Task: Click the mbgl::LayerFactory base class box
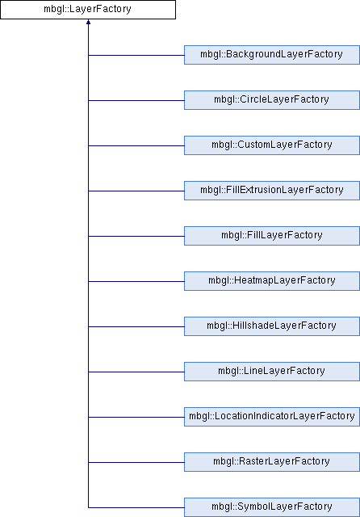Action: [88, 10]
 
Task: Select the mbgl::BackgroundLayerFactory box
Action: [272, 55]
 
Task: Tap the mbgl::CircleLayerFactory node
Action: [272, 100]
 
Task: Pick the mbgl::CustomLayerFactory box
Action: [272, 145]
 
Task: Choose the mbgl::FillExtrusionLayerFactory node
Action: [272, 191]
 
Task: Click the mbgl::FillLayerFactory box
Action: [272, 236]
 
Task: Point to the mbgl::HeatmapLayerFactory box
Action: [272, 281]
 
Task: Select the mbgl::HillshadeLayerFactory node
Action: [272, 326]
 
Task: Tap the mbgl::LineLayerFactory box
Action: [272, 372]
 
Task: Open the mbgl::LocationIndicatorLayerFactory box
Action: [272, 417]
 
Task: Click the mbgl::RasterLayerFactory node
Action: [272, 461]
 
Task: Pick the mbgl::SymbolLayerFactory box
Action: [272, 507]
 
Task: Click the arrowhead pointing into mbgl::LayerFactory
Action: [88, 22]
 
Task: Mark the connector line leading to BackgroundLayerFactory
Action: [136, 55]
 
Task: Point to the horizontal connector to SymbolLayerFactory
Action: [136, 507]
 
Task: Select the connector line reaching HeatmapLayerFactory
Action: [136, 281]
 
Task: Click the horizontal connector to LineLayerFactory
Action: [136, 372]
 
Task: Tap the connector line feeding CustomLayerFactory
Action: [136, 145]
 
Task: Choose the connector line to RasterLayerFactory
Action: [136, 462]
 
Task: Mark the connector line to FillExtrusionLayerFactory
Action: [136, 191]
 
